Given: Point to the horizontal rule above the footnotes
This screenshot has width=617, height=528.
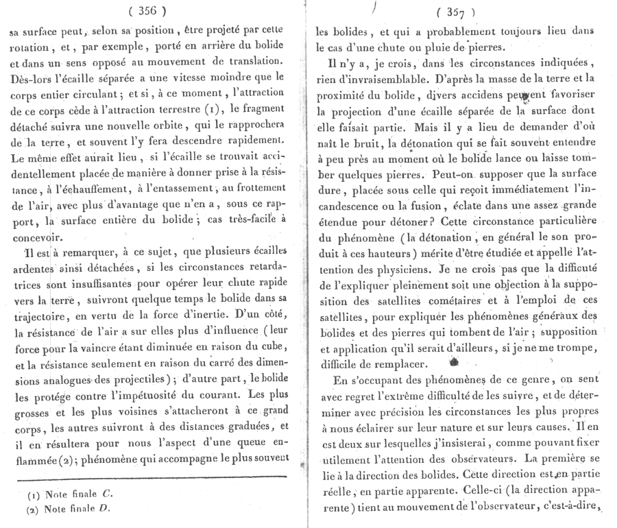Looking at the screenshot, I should click(154, 476).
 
